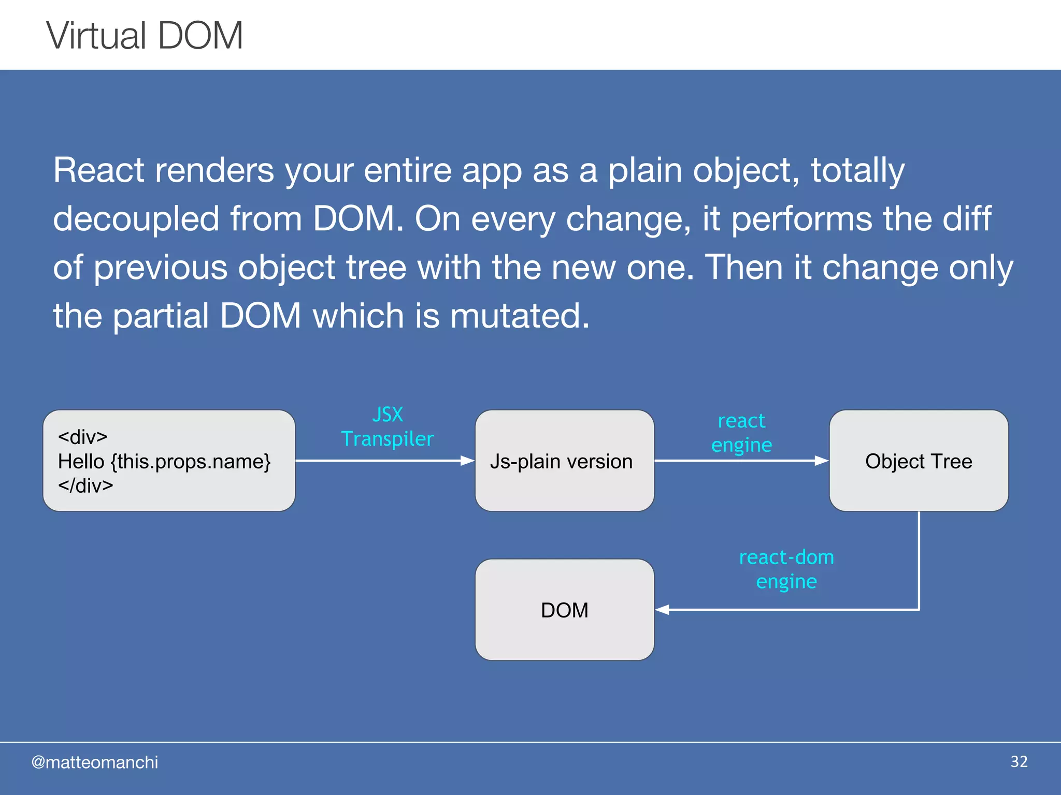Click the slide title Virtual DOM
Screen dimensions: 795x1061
click(145, 36)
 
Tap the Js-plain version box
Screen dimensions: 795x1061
click(564, 461)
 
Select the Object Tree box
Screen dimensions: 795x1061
click(918, 461)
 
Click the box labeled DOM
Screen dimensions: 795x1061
click(564, 610)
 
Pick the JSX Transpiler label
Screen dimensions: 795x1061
click(387, 427)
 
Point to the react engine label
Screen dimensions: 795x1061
click(741, 433)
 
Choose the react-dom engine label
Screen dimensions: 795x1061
click(786, 569)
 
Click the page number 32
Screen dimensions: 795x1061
click(1019, 761)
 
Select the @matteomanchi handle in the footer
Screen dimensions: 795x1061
click(94, 762)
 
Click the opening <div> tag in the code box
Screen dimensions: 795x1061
click(83, 437)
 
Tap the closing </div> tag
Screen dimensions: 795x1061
click(85, 485)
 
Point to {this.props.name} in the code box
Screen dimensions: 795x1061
click(191, 461)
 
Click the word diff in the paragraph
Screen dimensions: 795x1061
click(967, 218)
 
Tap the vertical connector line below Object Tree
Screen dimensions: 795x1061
click(919, 559)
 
